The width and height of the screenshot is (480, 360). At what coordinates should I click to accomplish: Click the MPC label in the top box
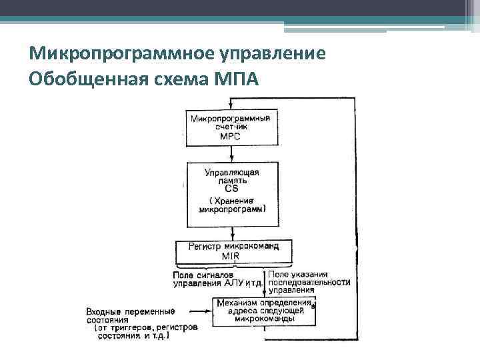(230, 136)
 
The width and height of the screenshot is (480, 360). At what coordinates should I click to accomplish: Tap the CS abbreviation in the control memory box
(231, 189)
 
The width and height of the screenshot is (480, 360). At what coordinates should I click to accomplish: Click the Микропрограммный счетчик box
(230, 127)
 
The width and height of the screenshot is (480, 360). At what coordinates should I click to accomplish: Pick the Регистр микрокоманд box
(232, 251)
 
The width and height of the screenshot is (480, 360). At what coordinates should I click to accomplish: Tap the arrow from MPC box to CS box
(231, 153)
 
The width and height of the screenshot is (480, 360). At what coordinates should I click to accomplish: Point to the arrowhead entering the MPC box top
(231, 107)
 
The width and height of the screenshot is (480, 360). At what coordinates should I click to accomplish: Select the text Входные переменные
(131, 311)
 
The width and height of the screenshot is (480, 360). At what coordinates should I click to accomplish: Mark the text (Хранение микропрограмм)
(232, 205)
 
